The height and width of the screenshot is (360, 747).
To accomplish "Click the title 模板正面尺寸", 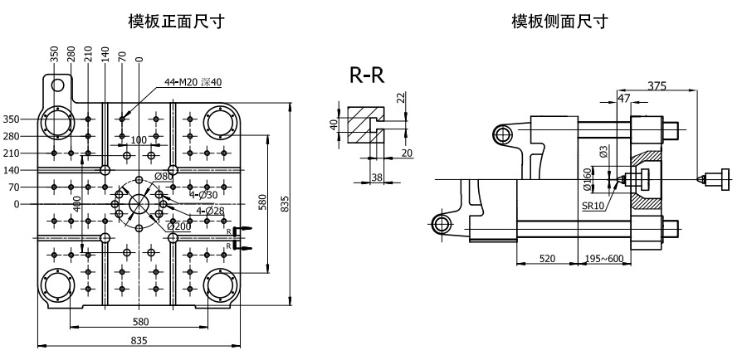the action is click(176, 22).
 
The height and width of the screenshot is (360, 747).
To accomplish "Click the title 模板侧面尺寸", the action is click(559, 22).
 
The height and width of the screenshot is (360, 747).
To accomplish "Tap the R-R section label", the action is click(367, 75).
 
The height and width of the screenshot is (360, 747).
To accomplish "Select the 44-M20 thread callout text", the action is click(193, 82).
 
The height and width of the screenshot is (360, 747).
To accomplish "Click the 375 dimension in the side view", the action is click(657, 85).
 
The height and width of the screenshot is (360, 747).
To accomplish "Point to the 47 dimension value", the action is click(624, 98).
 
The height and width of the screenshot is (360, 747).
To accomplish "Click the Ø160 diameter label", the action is click(587, 179).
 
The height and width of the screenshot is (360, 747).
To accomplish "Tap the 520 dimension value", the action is click(548, 259).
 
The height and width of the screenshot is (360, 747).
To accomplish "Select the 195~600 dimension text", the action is click(603, 259).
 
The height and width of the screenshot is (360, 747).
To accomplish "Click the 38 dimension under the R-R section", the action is click(377, 178).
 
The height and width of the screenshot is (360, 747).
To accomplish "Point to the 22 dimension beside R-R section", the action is click(401, 98).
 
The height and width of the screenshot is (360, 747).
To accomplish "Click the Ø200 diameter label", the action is click(179, 226).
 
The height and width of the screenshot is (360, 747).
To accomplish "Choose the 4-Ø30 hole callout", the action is click(203, 195).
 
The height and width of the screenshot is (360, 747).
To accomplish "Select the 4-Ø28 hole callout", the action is click(210, 210).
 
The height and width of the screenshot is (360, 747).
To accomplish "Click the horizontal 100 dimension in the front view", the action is click(138, 139).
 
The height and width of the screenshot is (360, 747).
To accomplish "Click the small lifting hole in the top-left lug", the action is click(57, 85).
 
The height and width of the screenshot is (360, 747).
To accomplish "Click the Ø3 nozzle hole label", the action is click(603, 153).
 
